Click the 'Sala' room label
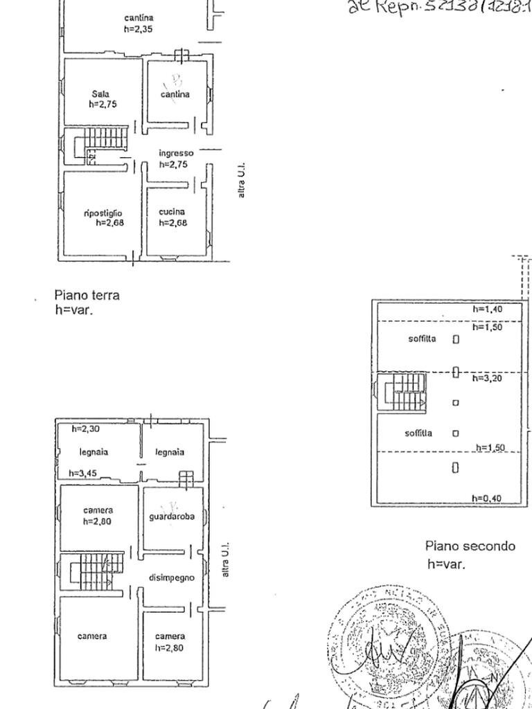(100, 93)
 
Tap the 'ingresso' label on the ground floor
(176, 153)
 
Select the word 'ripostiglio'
(103, 213)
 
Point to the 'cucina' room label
(171, 212)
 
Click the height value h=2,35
(139, 29)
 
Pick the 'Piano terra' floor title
(87, 295)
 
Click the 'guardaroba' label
(172, 517)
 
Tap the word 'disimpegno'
(172, 577)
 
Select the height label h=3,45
(84, 474)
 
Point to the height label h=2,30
(86, 429)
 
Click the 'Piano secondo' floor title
(470, 546)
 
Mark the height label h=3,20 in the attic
(488, 378)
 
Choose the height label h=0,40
(487, 499)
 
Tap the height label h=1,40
(488, 309)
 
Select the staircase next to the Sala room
(98, 143)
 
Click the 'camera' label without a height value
(92, 636)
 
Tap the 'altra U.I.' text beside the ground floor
(241, 181)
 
